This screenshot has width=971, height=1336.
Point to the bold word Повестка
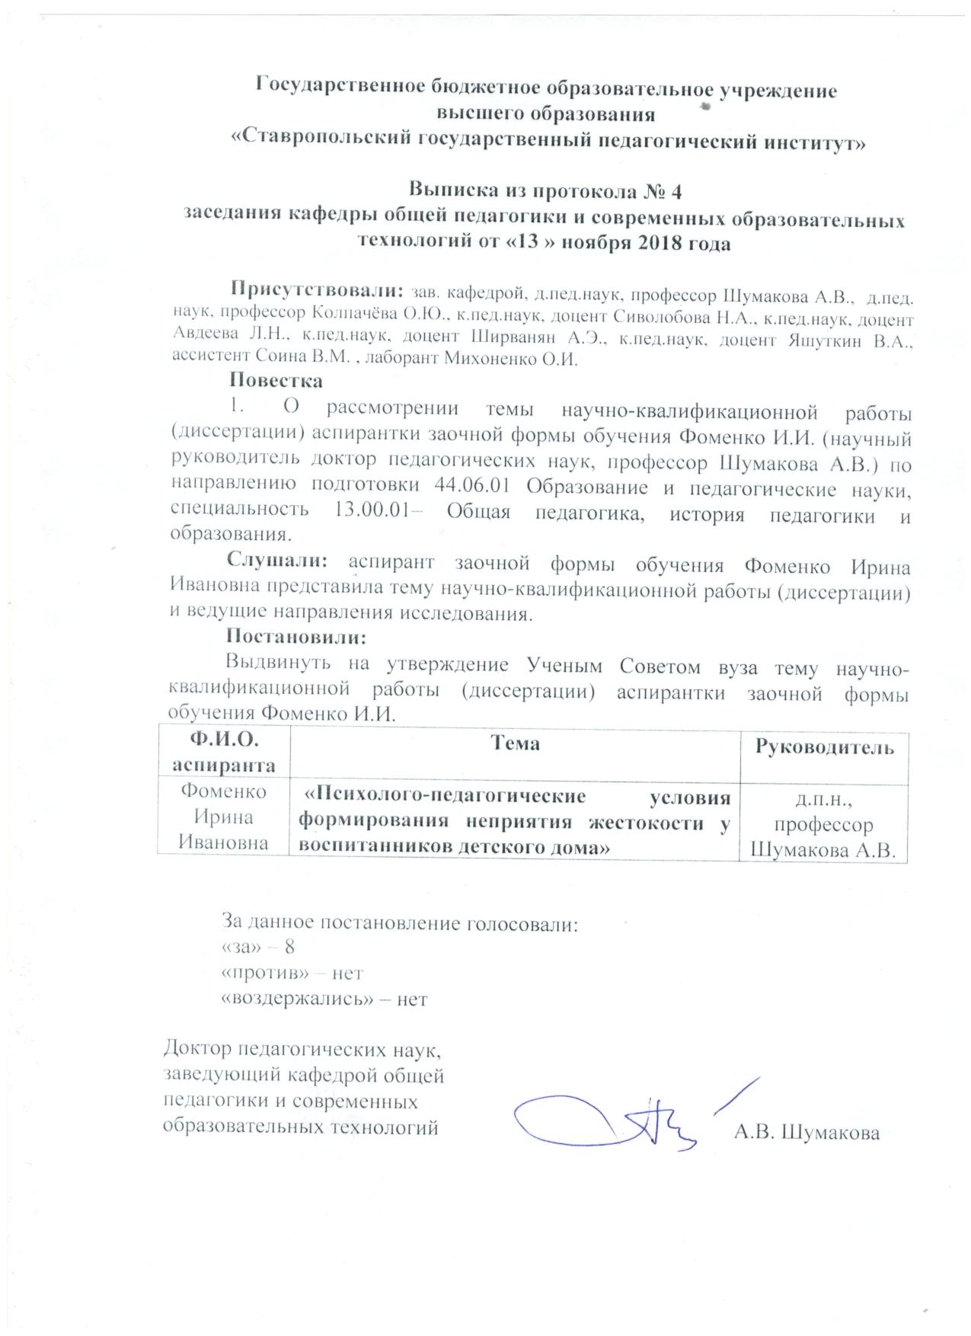click(x=276, y=379)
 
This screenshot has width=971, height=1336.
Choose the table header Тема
click(x=515, y=743)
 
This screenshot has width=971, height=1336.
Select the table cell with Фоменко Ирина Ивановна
click(x=224, y=817)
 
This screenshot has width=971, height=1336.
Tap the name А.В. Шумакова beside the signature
click(x=807, y=1133)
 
